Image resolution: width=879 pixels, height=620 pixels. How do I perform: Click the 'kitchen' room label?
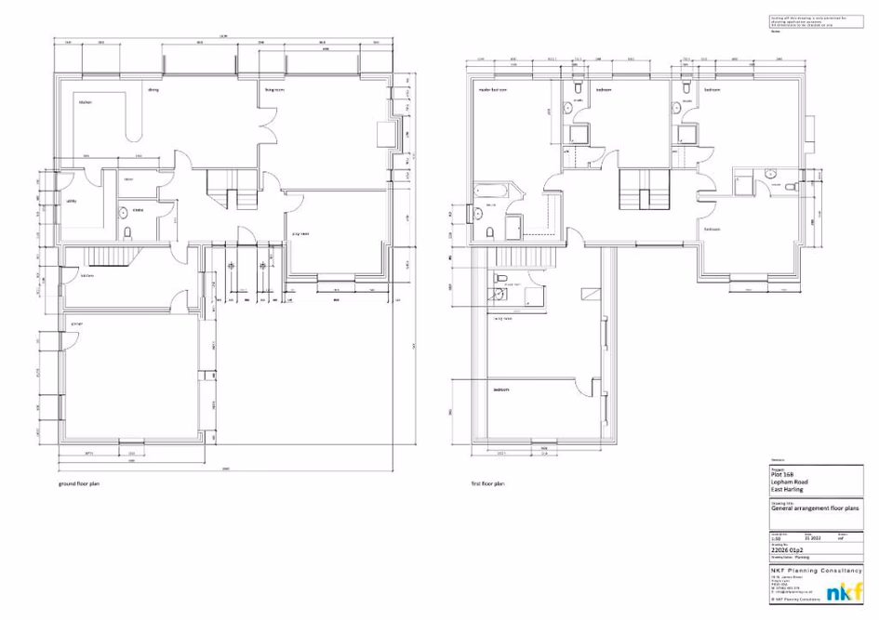85,102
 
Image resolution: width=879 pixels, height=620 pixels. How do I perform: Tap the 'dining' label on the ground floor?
154,89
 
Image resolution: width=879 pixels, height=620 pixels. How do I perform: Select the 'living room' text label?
273,89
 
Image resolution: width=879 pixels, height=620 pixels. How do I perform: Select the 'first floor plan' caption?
487,484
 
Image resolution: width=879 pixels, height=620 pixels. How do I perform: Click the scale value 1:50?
777,537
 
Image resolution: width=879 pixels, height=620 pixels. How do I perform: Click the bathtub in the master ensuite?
490,191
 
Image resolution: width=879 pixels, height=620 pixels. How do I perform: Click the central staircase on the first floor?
644,190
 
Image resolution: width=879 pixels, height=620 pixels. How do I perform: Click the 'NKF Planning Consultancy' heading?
816,570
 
